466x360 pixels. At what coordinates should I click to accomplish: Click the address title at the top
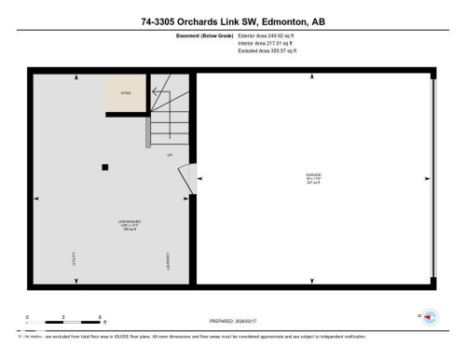click(x=232, y=21)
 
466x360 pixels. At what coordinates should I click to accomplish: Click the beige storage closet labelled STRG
click(x=126, y=93)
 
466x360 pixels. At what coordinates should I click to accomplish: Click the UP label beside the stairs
click(x=170, y=155)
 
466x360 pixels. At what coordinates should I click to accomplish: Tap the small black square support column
click(x=104, y=168)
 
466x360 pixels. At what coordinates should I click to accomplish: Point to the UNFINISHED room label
click(x=116, y=224)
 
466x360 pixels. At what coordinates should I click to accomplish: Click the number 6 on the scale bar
click(x=99, y=317)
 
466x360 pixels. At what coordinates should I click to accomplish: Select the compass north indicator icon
click(x=431, y=318)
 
